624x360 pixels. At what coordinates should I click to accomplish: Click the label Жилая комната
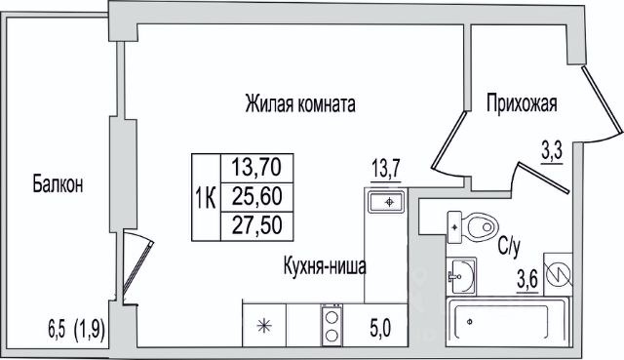click(x=300, y=104)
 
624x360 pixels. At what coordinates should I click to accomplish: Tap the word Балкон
click(x=58, y=184)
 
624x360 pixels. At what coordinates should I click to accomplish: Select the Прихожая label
click(x=522, y=104)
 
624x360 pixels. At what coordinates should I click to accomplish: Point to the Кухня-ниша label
click(x=325, y=266)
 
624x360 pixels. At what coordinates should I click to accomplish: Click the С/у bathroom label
click(x=509, y=247)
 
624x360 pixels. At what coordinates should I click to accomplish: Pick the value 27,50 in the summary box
click(x=257, y=225)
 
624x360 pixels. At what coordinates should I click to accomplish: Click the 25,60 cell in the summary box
click(x=257, y=197)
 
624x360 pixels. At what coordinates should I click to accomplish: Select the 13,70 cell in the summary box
click(x=256, y=167)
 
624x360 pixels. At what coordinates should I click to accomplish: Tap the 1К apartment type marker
click(x=206, y=198)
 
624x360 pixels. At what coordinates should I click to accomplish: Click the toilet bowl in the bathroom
click(x=483, y=227)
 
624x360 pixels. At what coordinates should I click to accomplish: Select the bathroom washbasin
click(x=461, y=276)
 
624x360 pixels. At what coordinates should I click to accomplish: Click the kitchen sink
click(x=386, y=202)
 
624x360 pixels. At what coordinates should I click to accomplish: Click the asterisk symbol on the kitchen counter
click(x=264, y=326)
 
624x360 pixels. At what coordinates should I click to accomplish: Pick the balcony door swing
click(x=137, y=265)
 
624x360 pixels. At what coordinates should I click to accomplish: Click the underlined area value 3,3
click(x=551, y=153)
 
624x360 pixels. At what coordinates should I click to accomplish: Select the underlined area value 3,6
click(x=527, y=280)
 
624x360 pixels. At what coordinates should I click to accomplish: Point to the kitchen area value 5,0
click(x=379, y=328)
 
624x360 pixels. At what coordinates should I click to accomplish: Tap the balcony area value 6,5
click(x=57, y=330)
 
